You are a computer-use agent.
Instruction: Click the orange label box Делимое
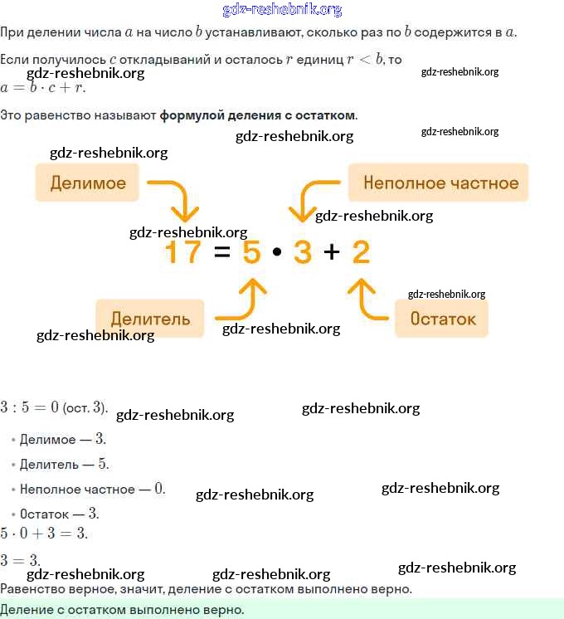87,183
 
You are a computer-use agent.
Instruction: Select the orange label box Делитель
150,318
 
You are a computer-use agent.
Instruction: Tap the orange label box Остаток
442,318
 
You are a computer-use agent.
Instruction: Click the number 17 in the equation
182,251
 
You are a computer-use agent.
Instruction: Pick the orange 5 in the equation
252,251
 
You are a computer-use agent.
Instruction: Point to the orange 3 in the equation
303,251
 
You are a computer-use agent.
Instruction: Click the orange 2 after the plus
361,251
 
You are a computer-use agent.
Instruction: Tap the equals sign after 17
221,251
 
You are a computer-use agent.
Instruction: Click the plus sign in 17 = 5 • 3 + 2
332,251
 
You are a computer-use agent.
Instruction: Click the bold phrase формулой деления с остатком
258,115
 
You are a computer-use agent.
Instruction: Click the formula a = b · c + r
43,87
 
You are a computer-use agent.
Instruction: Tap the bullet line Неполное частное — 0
92,489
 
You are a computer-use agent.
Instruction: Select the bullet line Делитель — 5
64,464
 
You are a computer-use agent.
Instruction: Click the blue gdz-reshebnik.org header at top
282,10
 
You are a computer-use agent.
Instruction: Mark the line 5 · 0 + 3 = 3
44,533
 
